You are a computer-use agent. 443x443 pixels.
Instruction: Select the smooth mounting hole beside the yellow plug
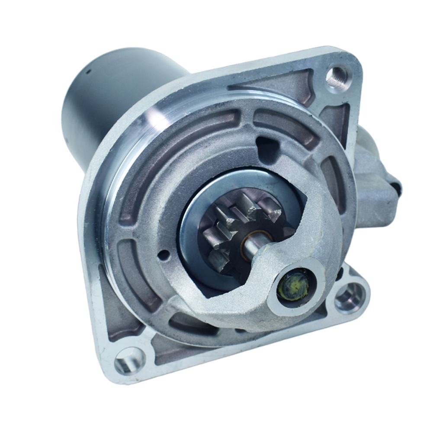coord(350,297)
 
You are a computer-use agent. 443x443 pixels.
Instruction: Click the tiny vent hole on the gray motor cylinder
coord(86,71)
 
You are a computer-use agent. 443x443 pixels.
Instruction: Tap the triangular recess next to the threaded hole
coord(281,87)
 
